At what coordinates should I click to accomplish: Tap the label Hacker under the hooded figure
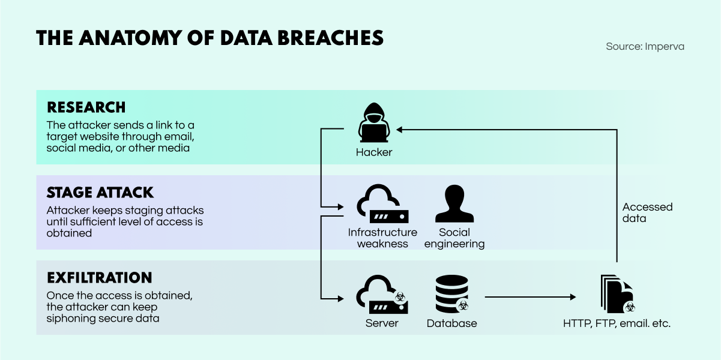(374, 152)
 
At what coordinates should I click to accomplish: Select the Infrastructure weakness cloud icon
(382, 203)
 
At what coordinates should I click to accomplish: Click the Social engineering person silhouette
(454, 203)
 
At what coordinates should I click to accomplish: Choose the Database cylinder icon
(451, 294)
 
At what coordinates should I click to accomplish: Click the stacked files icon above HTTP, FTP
(616, 294)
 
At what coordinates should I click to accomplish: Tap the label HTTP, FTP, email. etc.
(617, 323)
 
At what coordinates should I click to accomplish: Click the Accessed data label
(647, 212)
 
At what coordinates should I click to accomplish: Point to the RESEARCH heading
(86, 107)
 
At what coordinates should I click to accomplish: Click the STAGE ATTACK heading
(100, 193)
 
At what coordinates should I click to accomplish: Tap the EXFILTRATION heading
(100, 278)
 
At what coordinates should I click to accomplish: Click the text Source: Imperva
(645, 46)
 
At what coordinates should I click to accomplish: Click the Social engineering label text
(454, 238)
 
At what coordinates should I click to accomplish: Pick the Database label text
(451, 323)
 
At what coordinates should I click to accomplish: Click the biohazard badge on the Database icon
(463, 305)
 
